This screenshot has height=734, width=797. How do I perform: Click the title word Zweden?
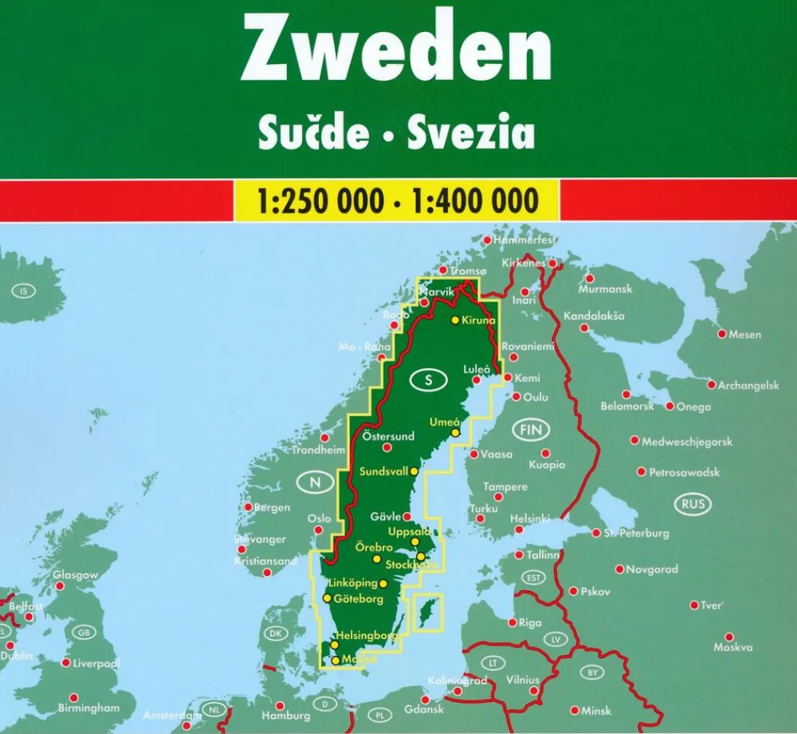pos(396,51)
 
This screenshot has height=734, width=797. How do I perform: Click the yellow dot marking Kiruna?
pos(454,320)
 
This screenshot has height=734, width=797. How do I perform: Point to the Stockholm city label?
pos(410,565)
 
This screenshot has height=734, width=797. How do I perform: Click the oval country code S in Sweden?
pos(429,381)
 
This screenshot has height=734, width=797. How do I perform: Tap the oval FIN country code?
pos(530,431)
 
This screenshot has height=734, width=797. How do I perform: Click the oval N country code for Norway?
pos(316,482)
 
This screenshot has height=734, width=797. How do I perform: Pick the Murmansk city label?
pos(606,290)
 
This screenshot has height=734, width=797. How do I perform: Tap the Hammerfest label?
pos(524,239)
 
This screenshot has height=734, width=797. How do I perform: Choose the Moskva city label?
pos(733,647)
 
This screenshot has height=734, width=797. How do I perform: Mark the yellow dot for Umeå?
pos(455,432)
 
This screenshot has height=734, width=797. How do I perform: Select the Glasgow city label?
pos(76,574)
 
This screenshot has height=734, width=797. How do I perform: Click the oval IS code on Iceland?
pos(23,291)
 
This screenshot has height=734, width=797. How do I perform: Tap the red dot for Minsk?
pos(574,710)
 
